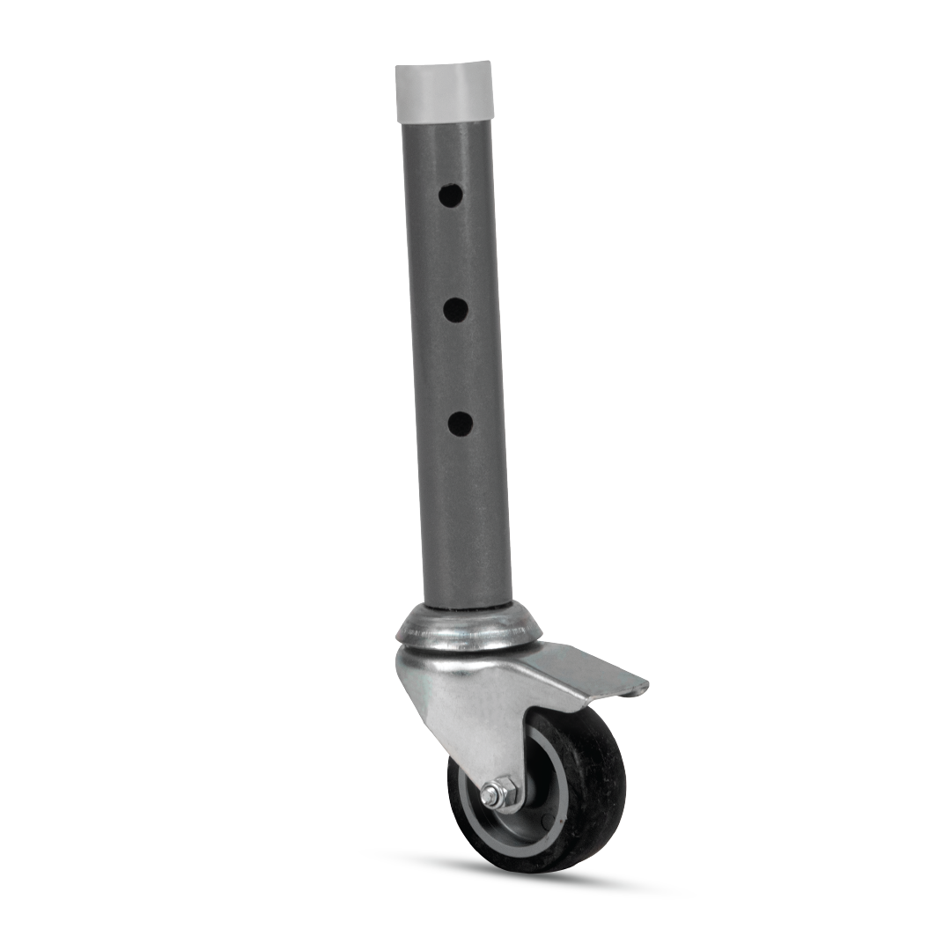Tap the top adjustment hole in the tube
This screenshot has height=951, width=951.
coord(451,195)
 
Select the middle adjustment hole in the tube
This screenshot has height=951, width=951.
coord(455,309)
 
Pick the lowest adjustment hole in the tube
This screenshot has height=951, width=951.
coord(460,424)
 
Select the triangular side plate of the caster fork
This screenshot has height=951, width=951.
coord(458,704)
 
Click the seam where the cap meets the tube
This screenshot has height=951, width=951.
coord(445,121)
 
